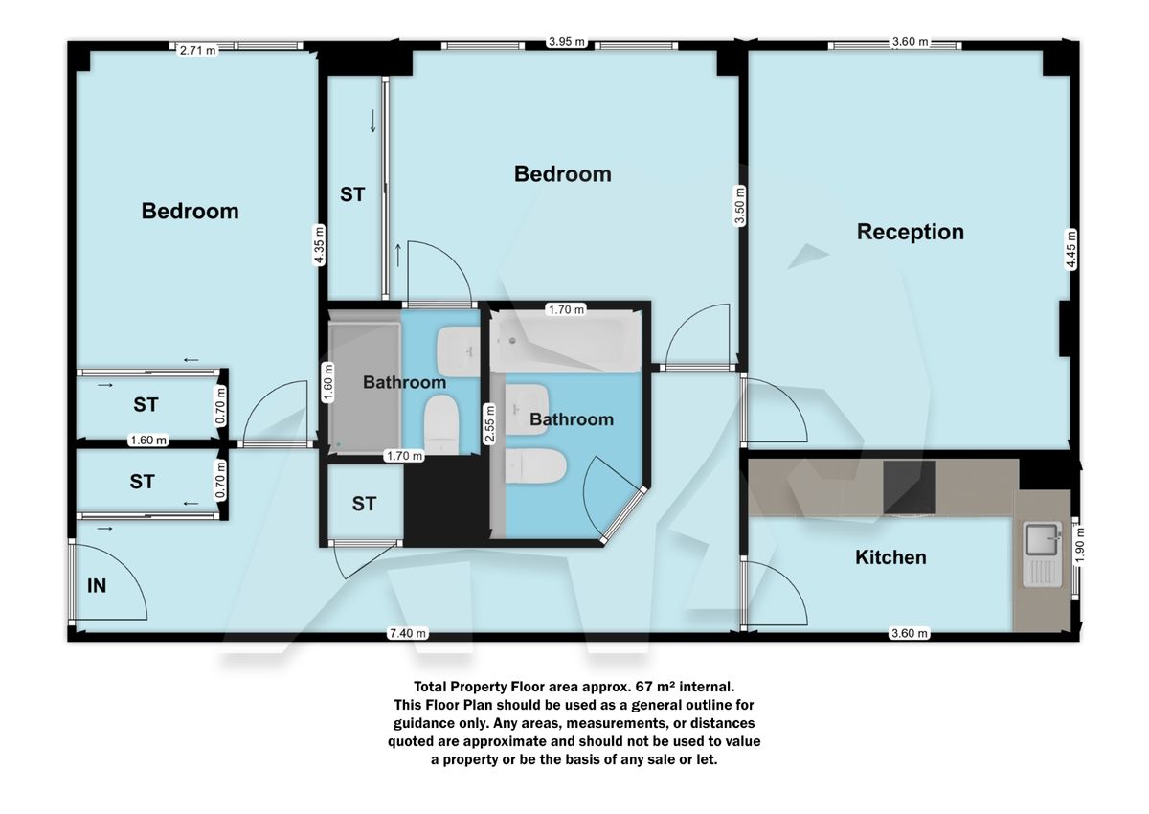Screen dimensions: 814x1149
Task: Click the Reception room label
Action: click(x=910, y=232)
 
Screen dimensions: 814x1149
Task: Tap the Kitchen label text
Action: click(x=890, y=556)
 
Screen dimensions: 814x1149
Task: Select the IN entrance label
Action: click(x=97, y=586)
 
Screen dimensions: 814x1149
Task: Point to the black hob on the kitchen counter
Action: click(x=909, y=489)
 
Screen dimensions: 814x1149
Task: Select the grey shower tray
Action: click(x=364, y=385)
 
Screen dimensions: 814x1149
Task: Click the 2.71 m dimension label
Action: click(x=197, y=50)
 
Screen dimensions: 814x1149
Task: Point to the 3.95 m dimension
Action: click(x=566, y=41)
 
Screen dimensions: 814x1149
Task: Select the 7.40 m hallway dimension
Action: click(x=408, y=633)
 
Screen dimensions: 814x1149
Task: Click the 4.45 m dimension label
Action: click(x=1071, y=249)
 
